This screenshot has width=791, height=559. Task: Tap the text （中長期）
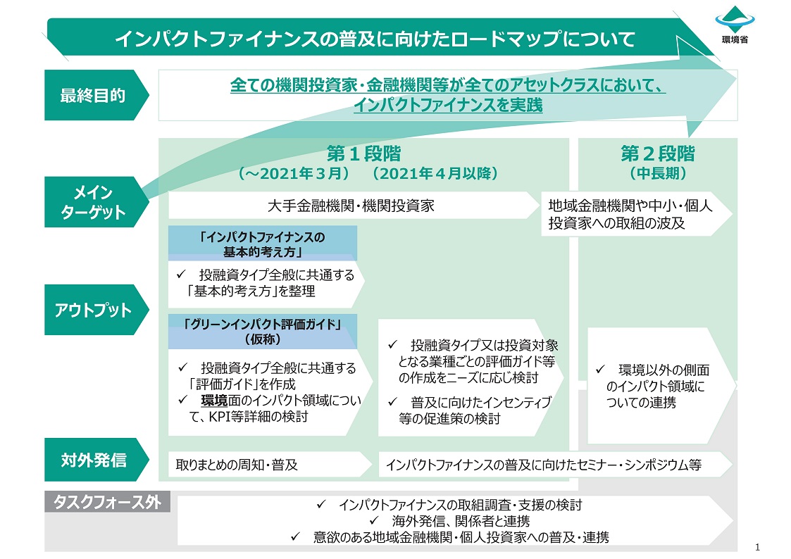pos(657,173)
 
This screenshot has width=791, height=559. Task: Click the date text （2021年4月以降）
pos(435,173)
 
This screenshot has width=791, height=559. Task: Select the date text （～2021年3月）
pos(294,173)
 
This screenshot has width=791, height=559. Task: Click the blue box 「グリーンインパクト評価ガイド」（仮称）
pos(262,331)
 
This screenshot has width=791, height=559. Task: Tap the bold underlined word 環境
pos(213,401)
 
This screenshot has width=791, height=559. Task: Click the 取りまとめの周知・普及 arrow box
pos(268,465)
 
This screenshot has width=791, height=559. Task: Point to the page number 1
pos(757,547)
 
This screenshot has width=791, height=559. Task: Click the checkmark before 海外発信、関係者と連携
pos(375,522)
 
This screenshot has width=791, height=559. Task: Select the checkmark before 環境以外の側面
pos(600,369)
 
